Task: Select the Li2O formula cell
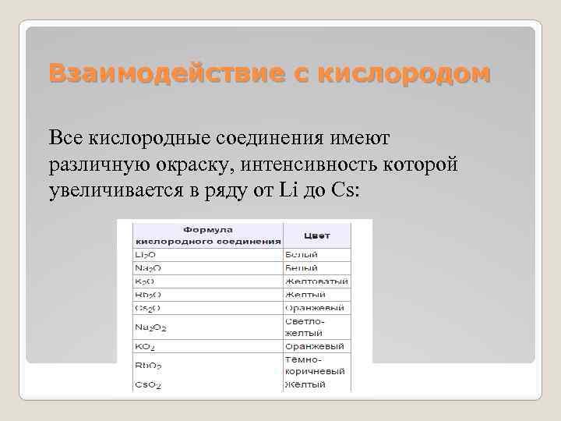pyautogui.click(x=147, y=255)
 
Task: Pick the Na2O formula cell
pyautogui.click(x=149, y=267)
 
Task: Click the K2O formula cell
pyautogui.click(x=146, y=281)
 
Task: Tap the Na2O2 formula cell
pyautogui.click(x=150, y=327)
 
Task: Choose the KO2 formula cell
pyautogui.click(x=145, y=346)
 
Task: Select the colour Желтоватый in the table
pyautogui.click(x=316, y=281)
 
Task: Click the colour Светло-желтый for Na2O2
pyautogui.click(x=305, y=326)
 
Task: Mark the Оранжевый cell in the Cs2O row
pyautogui.click(x=312, y=308)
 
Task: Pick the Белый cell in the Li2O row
pyautogui.click(x=302, y=255)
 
